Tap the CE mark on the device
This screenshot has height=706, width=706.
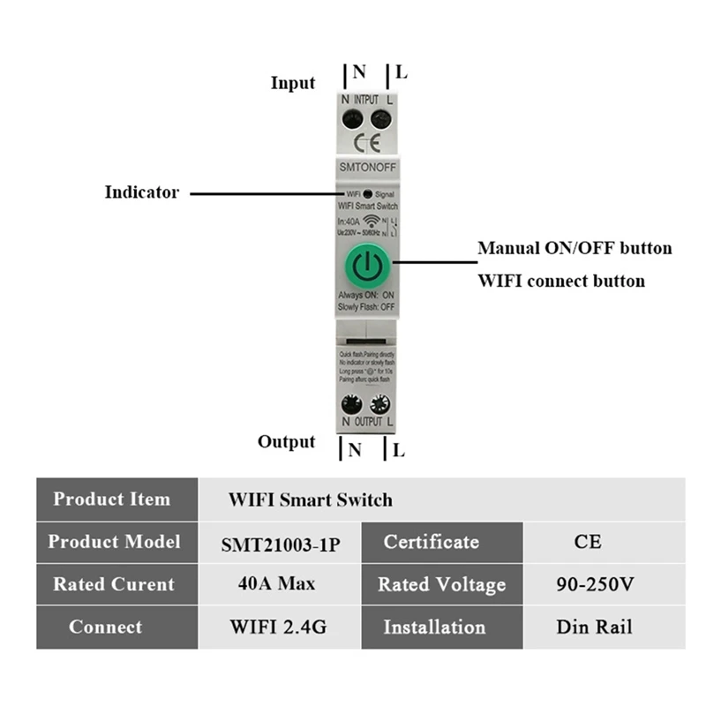pos(366,142)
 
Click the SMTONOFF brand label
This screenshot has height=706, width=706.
pos(366,167)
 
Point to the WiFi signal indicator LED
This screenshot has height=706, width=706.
pos(367,193)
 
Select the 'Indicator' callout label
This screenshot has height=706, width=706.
pos(141,192)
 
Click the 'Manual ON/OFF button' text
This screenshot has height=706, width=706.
pos(575,248)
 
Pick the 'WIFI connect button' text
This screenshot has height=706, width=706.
pos(560,282)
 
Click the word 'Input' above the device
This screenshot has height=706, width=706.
pos(292,83)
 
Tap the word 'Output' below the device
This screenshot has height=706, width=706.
pos(286,441)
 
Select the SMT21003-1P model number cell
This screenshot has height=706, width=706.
pos(280,543)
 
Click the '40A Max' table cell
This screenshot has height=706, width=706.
pos(280,584)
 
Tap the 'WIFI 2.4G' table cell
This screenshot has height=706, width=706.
pos(280,627)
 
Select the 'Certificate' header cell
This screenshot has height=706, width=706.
pos(432,542)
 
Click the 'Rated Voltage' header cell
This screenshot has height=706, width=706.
pos(441,584)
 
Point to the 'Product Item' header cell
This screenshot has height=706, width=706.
pos(112,499)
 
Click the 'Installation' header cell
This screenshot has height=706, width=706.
pos(434,627)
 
